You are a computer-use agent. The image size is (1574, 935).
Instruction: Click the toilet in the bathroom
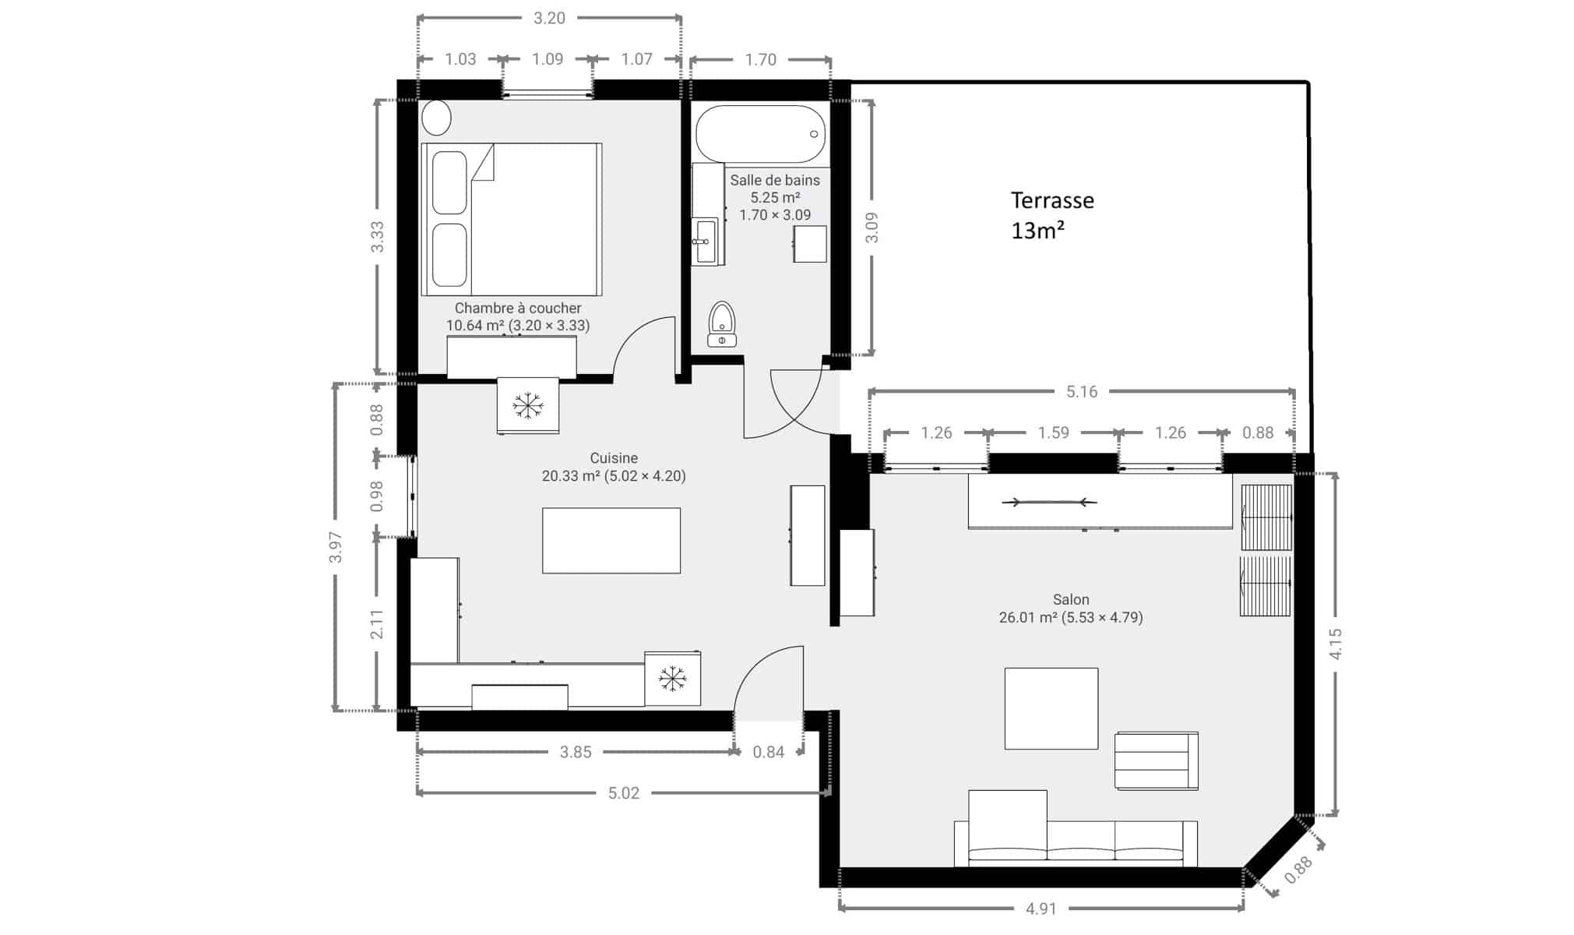pos(722,324)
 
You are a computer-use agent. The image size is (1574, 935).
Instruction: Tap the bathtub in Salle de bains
pos(760,134)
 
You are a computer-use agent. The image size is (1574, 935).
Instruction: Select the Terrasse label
pos(1052,200)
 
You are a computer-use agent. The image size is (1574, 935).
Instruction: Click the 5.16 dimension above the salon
pos(1082,392)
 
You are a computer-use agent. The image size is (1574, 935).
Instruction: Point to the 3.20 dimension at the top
pos(549,18)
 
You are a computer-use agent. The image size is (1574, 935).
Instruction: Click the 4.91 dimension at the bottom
pos(1041,909)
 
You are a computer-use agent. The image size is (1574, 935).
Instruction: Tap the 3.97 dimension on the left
pos(336,547)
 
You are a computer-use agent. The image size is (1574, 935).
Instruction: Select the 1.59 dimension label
pos(1054,432)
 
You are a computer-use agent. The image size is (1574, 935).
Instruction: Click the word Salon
pos(1071,599)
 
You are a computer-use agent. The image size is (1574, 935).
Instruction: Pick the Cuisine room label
pos(614,458)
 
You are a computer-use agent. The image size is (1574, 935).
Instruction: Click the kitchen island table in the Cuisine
pos(611,541)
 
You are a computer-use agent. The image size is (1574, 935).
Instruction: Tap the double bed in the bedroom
pos(512,219)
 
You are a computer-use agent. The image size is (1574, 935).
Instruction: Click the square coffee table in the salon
pos(1051,708)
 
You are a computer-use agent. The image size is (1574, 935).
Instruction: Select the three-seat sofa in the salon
pos(1076,843)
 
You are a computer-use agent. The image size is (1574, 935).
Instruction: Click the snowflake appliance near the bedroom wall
pos(528,405)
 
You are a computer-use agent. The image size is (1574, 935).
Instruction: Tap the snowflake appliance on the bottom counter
pos(672,679)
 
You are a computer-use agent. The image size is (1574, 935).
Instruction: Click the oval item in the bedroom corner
pos(437,118)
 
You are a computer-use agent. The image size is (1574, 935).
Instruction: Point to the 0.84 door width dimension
pos(769,752)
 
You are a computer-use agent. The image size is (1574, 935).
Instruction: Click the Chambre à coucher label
pos(518,308)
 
